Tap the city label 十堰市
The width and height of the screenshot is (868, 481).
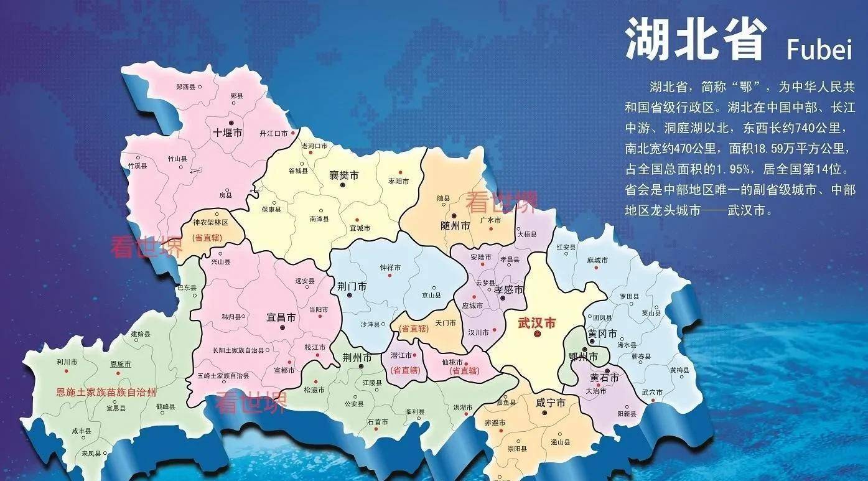point(228,132)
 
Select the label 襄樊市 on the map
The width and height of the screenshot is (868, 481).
point(344,175)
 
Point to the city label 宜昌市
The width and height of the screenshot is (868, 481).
point(281,317)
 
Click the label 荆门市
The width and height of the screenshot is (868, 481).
point(352,286)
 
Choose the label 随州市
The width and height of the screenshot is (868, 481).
point(455,225)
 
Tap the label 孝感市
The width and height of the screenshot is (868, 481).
point(508,289)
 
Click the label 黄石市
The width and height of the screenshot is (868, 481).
point(604,378)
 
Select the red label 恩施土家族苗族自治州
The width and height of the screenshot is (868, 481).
point(106,393)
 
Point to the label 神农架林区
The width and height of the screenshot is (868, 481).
point(211,222)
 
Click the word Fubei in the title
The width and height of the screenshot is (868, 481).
point(819,49)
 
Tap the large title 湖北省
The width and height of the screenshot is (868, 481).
point(695,39)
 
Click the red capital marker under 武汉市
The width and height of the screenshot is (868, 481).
point(538,334)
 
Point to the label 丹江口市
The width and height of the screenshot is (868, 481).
point(273,133)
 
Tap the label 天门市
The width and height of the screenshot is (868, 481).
point(446,323)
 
